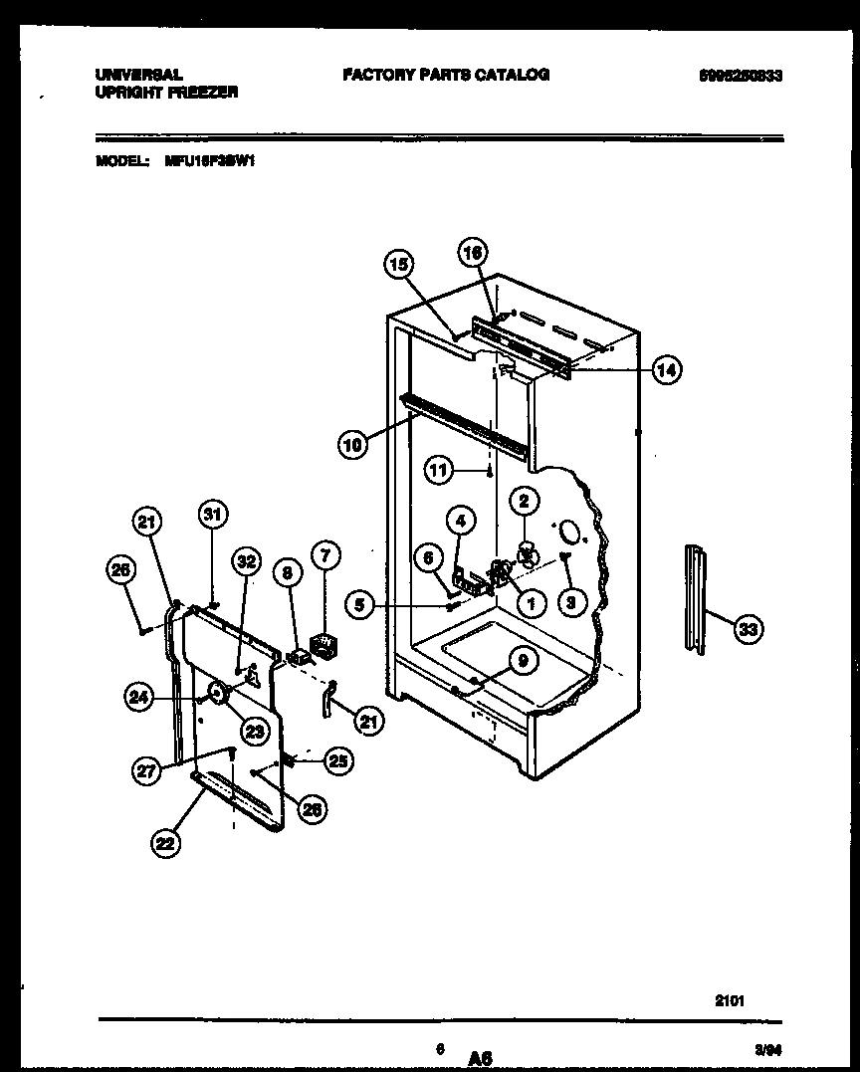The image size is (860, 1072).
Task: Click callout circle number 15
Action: (x=398, y=264)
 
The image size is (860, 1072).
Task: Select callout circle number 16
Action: (x=474, y=254)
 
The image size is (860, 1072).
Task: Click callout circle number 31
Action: (x=212, y=515)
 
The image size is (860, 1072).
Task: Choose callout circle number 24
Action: (x=139, y=698)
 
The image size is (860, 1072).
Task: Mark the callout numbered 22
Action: (x=166, y=842)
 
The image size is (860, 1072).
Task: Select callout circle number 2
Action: (x=524, y=502)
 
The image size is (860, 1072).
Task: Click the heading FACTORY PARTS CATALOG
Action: (x=445, y=75)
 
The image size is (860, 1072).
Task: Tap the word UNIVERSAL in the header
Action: (x=138, y=75)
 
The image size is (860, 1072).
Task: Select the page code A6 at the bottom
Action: (x=482, y=1058)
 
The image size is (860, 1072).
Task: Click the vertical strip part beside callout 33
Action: (x=695, y=597)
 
